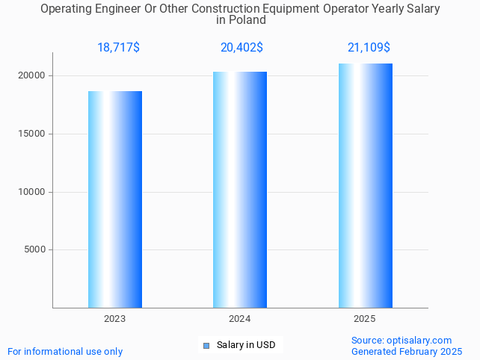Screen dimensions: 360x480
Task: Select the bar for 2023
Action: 115,199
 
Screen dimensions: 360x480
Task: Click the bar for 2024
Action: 240,190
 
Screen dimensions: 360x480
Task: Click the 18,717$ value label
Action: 118,48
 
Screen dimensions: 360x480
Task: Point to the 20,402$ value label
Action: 241,48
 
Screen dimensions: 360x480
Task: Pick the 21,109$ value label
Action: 369,48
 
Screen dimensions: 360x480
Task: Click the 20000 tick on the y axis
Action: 33,75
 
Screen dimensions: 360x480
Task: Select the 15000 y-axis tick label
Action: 33,134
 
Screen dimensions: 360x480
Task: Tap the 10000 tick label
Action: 33,192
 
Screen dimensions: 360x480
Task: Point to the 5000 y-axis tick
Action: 35,249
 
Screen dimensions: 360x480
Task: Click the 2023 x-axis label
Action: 114,318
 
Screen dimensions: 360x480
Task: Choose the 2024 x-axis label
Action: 239,318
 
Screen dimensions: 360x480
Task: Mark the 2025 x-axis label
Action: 364,318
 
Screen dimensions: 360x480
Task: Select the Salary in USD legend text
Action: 246,345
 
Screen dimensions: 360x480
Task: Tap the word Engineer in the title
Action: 115,9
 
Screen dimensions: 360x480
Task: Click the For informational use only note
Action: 65,351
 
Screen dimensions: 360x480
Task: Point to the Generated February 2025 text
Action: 407,351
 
